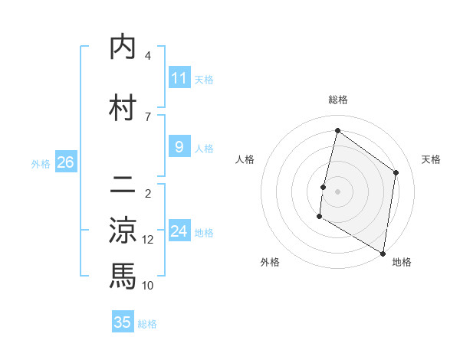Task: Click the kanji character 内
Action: (123, 47)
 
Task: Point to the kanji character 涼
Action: (123, 230)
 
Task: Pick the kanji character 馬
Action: (123, 274)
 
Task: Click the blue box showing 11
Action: (179, 77)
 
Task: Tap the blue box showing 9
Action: (179, 147)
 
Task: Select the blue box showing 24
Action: (179, 231)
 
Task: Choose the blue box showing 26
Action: (65, 162)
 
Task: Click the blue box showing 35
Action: (123, 322)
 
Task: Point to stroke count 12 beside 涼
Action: (148, 240)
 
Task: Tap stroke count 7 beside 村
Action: (148, 116)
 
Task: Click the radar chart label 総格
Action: (337, 100)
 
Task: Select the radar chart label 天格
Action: (432, 159)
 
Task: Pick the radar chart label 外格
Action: (270, 262)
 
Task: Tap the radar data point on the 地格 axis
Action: (383, 253)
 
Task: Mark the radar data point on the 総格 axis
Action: (337, 131)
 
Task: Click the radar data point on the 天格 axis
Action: (396, 172)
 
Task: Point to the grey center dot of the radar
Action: (337, 191)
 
